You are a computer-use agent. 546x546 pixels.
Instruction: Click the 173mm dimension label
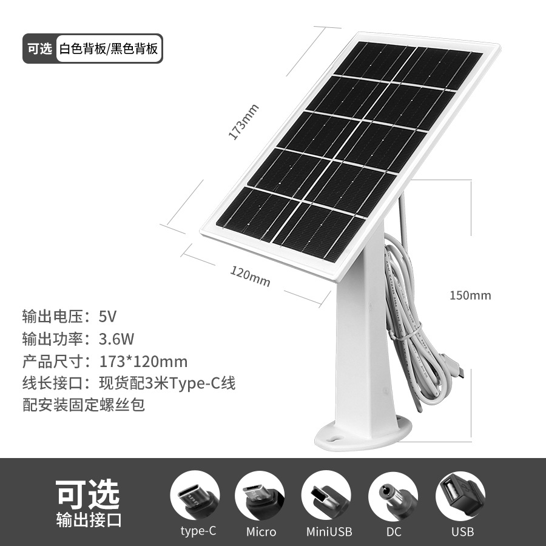point(243,122)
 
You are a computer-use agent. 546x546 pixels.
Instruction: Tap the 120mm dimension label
point(250,277)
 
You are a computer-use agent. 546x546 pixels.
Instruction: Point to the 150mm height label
point(470,295)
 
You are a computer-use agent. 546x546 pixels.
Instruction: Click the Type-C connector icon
point(195,494)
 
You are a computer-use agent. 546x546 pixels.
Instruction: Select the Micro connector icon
point(260,494)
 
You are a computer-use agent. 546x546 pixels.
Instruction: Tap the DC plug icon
point(393,494)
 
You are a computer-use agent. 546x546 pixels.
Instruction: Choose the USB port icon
point(460,494)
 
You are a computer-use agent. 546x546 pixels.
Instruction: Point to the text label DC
point(394,532)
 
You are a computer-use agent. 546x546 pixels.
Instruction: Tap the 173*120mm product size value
point(143,362)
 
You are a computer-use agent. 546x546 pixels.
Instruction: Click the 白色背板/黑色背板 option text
point(109,49)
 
